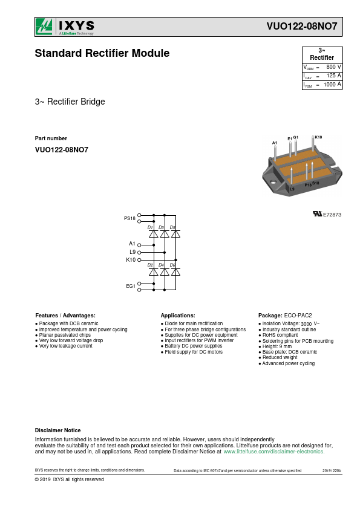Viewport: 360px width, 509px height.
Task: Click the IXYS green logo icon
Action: [44, 26]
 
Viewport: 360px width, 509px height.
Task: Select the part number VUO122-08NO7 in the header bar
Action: [302, 26]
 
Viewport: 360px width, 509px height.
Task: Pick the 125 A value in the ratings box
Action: [334, 76]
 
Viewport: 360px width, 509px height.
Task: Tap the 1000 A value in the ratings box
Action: [332, 85]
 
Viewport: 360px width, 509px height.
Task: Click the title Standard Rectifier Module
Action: [102, 53]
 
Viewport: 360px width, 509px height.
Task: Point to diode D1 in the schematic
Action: [153, 234]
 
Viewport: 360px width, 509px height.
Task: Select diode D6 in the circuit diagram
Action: [175, 272]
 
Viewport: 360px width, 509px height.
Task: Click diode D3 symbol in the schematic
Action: [165, 234]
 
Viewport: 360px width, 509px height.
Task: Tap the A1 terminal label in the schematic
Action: [132, 244]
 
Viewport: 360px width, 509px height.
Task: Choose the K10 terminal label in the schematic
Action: [131, 260]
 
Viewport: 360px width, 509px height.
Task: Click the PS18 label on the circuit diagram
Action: [129, 218]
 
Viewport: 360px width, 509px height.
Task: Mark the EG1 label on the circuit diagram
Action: [131, 286]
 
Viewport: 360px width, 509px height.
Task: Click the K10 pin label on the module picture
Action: [318, 137]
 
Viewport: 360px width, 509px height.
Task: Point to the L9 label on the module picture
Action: [292, 189]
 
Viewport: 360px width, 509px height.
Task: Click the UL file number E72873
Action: [332, 215]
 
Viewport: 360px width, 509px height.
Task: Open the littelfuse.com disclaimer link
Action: [274, 452]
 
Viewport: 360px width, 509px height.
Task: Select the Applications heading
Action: [178, 315]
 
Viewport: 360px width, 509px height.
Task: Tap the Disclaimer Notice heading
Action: [58, 430]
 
